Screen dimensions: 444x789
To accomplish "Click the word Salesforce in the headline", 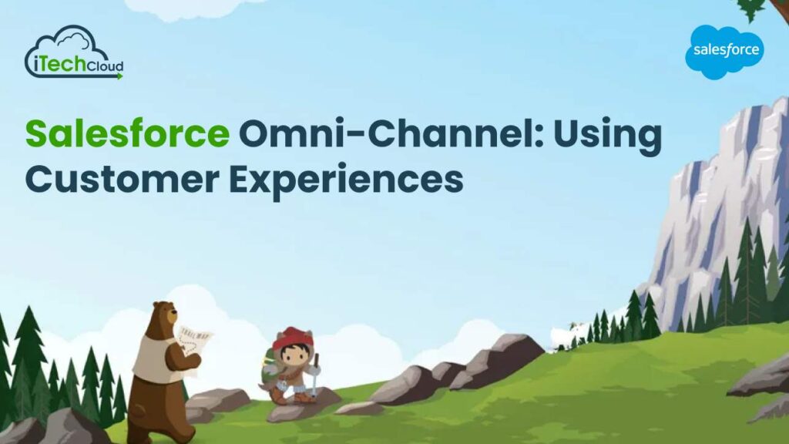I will [x=127, y=136].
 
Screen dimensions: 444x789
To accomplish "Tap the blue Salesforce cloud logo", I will [x=726, y=52].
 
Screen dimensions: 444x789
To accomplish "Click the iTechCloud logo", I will [x=73, y=53].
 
